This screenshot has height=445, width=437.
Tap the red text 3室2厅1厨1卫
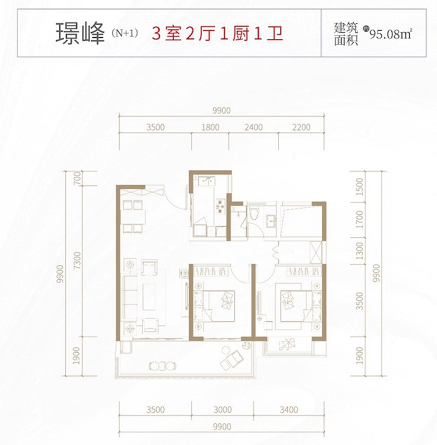pos(218,34)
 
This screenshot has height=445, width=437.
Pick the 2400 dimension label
pos(253,127)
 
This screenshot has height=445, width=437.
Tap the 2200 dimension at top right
pos(301,127)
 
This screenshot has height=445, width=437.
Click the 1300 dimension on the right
pos(359,250)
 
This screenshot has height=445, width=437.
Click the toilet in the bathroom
pos(253,214)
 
